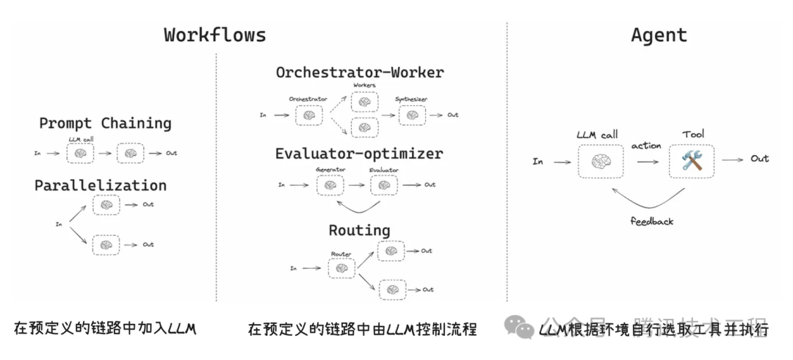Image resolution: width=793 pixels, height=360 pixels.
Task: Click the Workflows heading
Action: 214,35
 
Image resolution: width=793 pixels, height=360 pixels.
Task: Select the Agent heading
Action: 659,35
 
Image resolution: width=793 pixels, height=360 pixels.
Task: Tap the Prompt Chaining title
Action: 105,123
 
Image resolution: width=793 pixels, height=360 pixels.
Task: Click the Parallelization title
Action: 101,185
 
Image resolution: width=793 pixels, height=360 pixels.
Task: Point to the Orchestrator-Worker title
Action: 360,72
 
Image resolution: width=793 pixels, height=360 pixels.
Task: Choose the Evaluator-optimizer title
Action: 359,154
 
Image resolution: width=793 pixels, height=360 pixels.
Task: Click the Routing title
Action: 359,230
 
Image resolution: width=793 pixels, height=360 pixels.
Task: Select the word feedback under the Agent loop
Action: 651,220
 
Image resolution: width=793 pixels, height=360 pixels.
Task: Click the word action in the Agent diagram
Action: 646,145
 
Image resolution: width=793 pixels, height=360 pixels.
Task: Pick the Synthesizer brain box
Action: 411,115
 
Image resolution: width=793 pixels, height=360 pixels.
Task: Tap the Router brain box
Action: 341,268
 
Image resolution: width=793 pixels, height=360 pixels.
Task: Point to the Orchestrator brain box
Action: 308,115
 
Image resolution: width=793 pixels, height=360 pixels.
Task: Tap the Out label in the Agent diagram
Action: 759,159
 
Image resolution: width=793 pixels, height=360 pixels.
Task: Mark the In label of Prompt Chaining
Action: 37,153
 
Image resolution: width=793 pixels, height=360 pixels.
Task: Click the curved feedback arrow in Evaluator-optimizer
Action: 356,206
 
